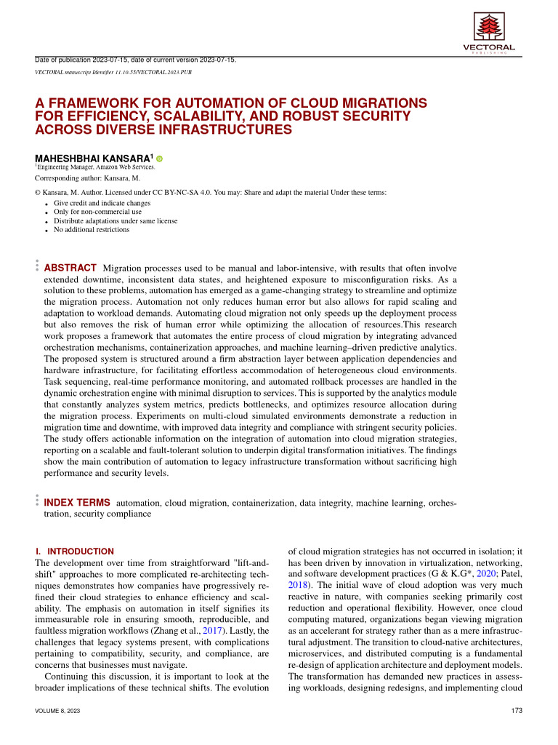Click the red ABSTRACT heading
(x=70, y=268)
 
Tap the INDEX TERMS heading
(x=77, y=502)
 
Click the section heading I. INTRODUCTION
(x=75, y=551)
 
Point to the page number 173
(x=517, y=710)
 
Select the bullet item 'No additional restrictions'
(x=92, y=229)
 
